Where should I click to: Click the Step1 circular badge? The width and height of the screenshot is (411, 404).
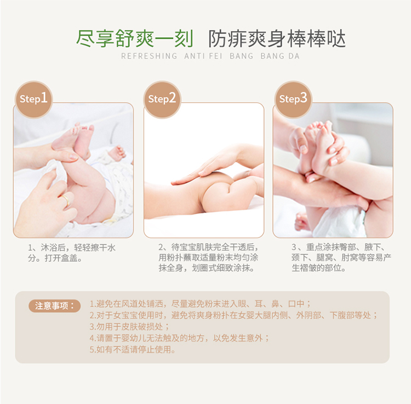pos(34,100)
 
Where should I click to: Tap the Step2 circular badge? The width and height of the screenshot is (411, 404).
pos(162,100)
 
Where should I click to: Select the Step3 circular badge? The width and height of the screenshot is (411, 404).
pos(293,100)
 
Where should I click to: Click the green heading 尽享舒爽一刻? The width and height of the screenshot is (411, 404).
pos(135,38)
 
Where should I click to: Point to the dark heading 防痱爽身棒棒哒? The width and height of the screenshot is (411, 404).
pos(277,39)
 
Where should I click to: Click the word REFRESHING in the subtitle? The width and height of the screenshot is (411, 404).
pos(149,56)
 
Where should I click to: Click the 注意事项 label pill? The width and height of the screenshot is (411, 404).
pos(54,306)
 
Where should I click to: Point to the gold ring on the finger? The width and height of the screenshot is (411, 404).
pos(65,199)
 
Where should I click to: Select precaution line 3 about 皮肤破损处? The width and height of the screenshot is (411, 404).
pos(129,326)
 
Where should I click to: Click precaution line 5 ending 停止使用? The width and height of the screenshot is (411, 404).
pos(133,350)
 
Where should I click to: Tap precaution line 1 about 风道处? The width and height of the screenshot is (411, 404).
pos(200,304)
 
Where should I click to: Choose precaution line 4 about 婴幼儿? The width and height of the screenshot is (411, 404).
pos(179,338)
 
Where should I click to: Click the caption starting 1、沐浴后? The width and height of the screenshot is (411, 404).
pos(72,253)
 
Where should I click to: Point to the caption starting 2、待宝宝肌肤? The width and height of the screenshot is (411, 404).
pos(209,257)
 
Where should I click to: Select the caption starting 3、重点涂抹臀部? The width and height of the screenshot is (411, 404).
pos(341,257)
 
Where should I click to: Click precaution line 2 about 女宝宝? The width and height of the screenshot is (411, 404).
pos(233,315)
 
